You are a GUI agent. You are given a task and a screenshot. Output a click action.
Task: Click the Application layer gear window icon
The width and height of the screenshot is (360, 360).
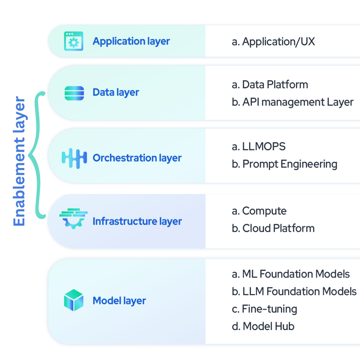[x=73, y=41]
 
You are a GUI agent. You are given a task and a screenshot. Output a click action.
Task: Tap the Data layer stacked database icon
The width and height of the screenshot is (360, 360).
[x=74, y=93]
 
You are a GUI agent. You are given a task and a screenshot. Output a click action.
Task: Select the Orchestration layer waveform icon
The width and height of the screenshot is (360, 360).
[x=74, y=158]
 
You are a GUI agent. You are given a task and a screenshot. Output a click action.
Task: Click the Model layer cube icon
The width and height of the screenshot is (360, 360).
[x=73, y=300]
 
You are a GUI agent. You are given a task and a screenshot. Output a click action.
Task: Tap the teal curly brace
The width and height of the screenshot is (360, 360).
[x=37, y=154]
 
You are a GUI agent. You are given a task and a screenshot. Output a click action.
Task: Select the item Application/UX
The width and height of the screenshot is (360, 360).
[x=273, y=41]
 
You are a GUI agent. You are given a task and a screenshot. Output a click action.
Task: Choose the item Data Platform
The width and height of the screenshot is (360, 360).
[x=270, y=84]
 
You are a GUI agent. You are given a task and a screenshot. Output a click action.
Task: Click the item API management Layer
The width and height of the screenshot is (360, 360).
[x=292, y=102]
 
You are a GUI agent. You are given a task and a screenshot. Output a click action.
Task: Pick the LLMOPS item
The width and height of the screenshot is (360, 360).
[x=258, y=146]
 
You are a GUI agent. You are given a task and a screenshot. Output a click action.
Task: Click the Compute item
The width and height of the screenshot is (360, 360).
[x=259, y=211]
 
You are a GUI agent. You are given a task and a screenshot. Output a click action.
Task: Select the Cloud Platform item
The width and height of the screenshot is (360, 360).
[x=273, y=228]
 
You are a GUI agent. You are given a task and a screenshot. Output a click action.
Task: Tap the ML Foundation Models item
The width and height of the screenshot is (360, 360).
[x=291, y=274]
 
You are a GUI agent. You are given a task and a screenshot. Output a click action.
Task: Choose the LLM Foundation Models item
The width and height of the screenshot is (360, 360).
[x=294, y=291]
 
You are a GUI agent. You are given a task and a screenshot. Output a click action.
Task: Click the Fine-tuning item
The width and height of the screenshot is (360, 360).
[x=264, y=309]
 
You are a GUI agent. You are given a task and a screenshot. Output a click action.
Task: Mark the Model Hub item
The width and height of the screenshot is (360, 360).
[x=263, y=326]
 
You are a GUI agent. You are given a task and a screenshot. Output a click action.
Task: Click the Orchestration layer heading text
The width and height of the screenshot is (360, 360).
[x=137, y=158]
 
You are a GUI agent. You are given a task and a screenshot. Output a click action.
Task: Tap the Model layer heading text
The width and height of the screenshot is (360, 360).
[x=119, y=300]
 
